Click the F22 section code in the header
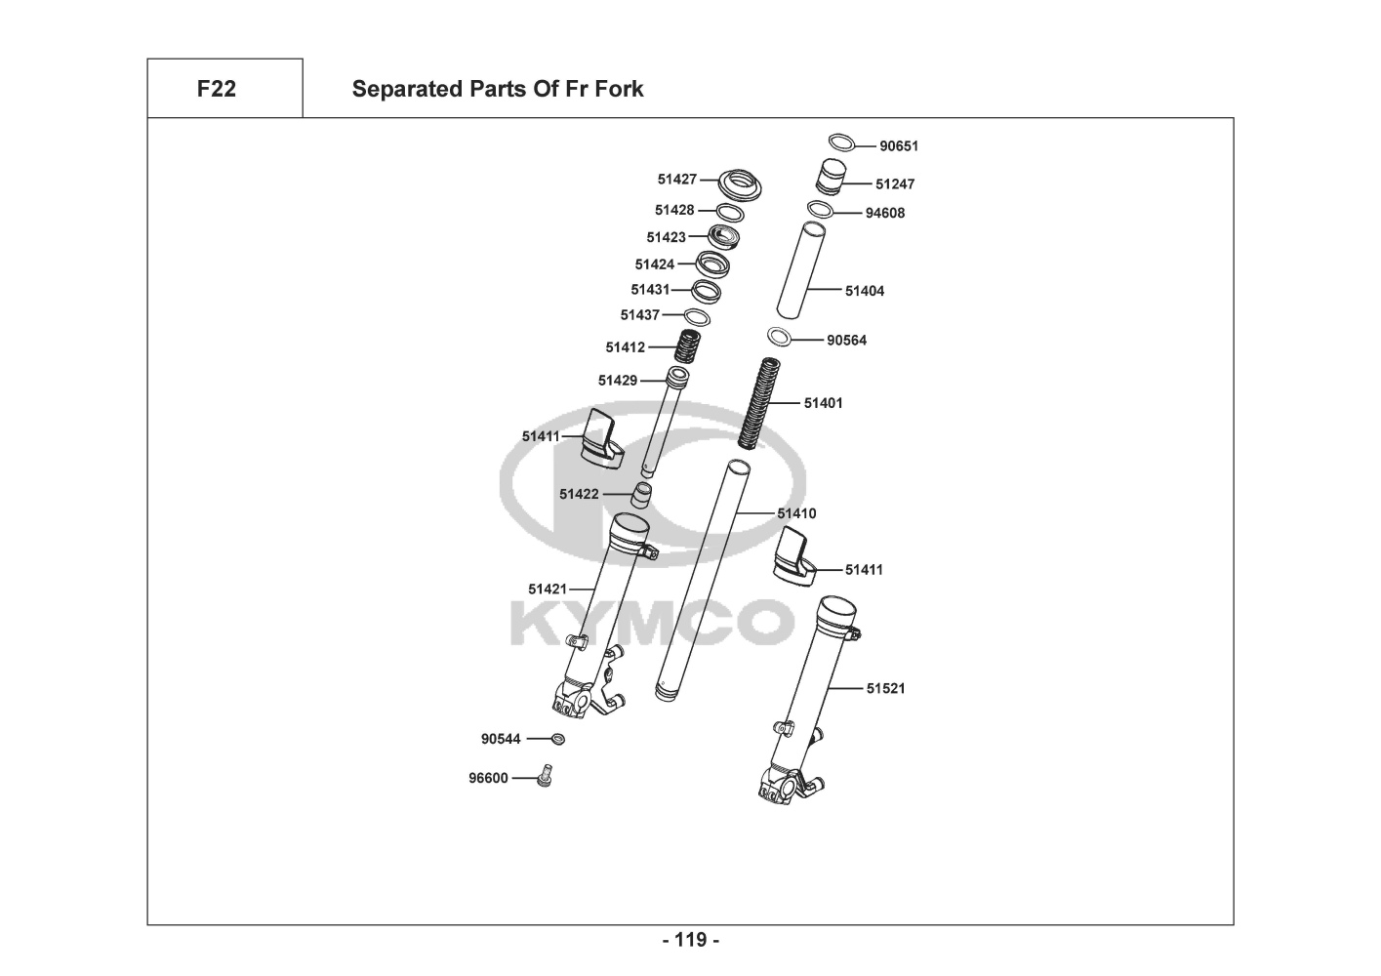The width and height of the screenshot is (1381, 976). pos(216,89)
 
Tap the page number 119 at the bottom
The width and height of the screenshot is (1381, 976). pos(690,940)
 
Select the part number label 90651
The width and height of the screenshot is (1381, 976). pos(899,146)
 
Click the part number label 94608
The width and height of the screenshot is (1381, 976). pos(885,213)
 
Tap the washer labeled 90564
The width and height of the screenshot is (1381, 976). pos(779,338)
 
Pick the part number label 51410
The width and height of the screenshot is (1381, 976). pos(796,513)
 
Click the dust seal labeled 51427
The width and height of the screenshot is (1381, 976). pos(741,183)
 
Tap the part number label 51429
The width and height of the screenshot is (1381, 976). pos(618,381)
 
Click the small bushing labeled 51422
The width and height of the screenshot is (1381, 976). pos(640,494)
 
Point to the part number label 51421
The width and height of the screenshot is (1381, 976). pos(548,589)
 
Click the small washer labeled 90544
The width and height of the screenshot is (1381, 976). pos(558,739)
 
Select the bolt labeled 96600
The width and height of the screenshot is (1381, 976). pos(546,776)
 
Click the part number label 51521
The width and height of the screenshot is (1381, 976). pos(886,688)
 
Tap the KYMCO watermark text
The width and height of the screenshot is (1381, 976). pos(651,622)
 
